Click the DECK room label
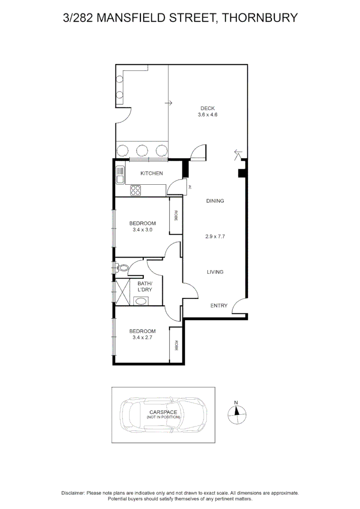point(207,108)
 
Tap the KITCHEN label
point(152,173)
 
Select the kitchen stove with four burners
point(136,190)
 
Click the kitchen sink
point(120,175)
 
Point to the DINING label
point(215,201)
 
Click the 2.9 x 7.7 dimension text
point(215,237)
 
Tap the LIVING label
point(215,272)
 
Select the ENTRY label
point(219,306)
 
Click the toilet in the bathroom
point(122,268)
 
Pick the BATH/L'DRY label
point(145,287)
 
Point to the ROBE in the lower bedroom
point(176,345)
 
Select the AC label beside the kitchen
point(190,187)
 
